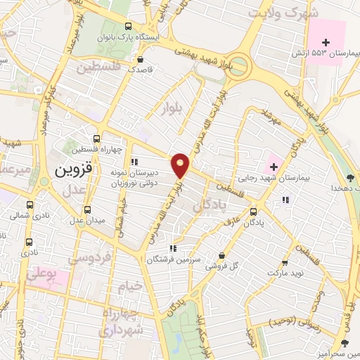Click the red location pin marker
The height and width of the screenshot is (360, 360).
tap(181, 165)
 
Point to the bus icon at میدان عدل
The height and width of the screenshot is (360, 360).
tap(87, 210)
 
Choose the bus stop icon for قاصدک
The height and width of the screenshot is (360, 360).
tap(144, 60)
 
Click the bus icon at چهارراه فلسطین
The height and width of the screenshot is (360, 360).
tap(97, 138)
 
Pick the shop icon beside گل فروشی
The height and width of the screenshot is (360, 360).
tap(223, 256)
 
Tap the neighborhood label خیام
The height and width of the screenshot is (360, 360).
tap(130, 286)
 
